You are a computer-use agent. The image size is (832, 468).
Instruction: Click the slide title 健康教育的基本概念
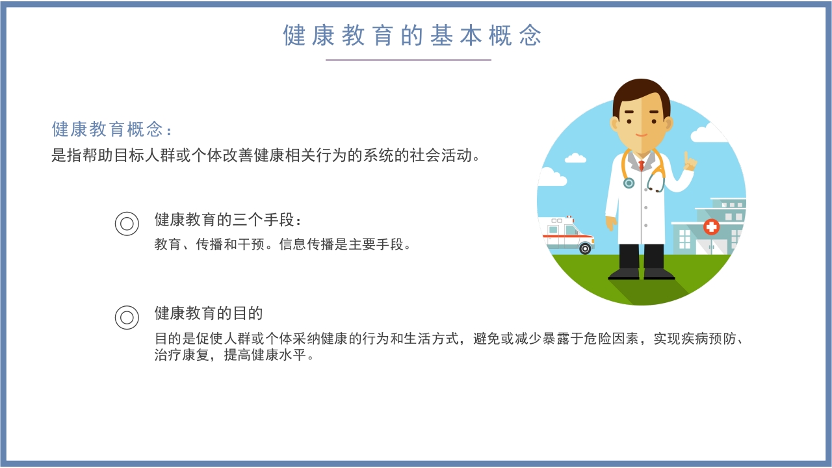pos(412,35)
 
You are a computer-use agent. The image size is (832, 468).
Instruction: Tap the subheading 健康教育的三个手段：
pos(228,220)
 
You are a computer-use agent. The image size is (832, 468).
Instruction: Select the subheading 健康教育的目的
pos(208,313)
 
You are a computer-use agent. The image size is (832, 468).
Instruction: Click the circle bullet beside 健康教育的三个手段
pos(127,224)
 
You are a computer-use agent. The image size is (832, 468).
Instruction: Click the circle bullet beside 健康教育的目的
pos(127,317)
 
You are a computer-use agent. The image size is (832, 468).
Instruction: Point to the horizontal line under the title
pos(408,60)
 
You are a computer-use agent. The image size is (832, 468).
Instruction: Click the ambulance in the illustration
pos(566,233)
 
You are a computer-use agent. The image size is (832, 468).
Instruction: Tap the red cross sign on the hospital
pos(712,226)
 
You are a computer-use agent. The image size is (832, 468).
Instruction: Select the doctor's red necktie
pos(642,165)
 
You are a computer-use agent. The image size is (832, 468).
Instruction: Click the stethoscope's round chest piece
pos(629,183)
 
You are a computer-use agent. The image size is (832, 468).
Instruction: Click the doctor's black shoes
pos(641,274)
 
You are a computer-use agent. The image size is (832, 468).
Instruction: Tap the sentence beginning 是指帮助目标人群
pos(266,157)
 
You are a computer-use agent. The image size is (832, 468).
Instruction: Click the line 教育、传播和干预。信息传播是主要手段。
pos(283,245)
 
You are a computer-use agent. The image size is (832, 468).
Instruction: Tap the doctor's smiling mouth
pos(642,136)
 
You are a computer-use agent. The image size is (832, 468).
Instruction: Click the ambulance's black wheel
pos(585,248)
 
